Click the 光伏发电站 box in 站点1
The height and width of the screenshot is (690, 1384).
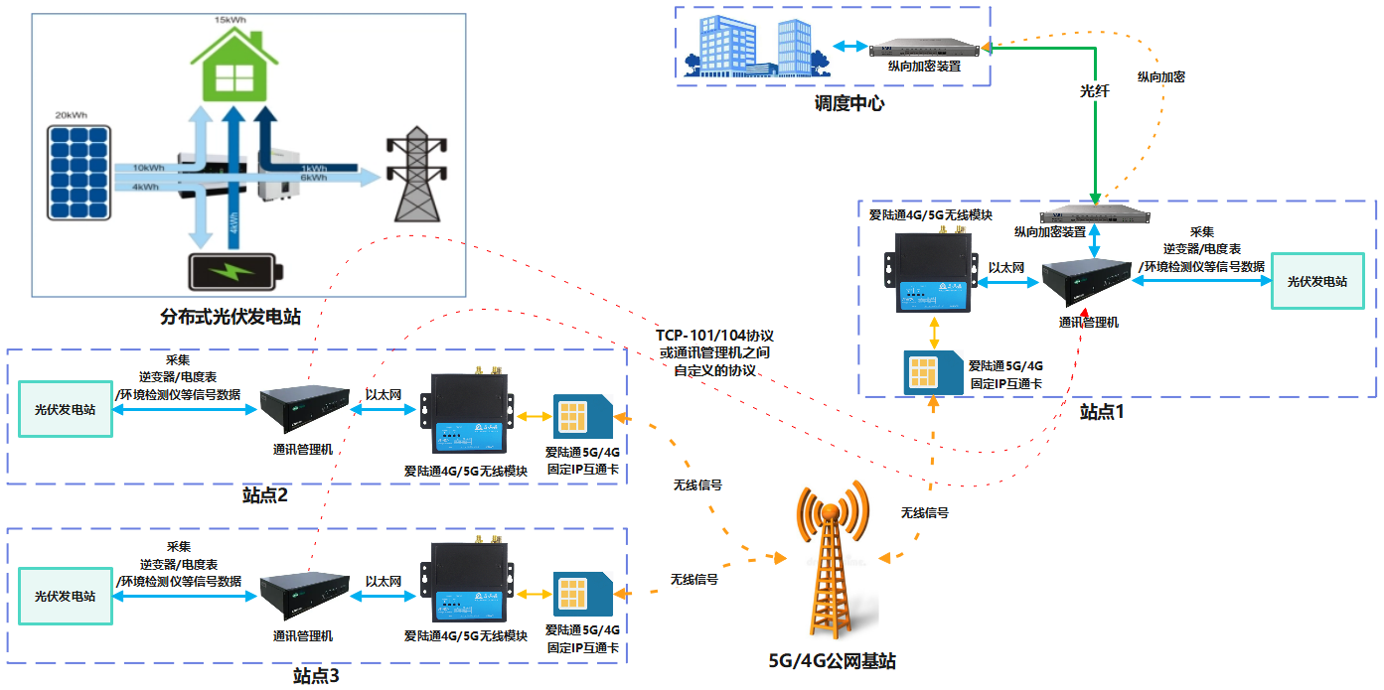pyautogui.click(x=1316, y=281)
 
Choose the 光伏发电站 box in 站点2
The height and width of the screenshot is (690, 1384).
pyautogui.click(x=66, y=409)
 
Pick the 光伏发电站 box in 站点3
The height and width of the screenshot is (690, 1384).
pyautogui.click(x=66, y=596)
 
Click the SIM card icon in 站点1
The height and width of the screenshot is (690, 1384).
pyautogui.click(x=932, y=372)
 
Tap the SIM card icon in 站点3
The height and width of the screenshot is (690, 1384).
pyautogui.click(x=583, y=595)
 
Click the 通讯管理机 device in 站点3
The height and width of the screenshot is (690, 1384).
pyautogui.click(x=302, y=594)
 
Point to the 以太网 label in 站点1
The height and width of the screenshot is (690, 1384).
pyautogui.click(x=1006, y=266)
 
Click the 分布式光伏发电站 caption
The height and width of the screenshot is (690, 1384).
pyautogui.click(x=231, y=317)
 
